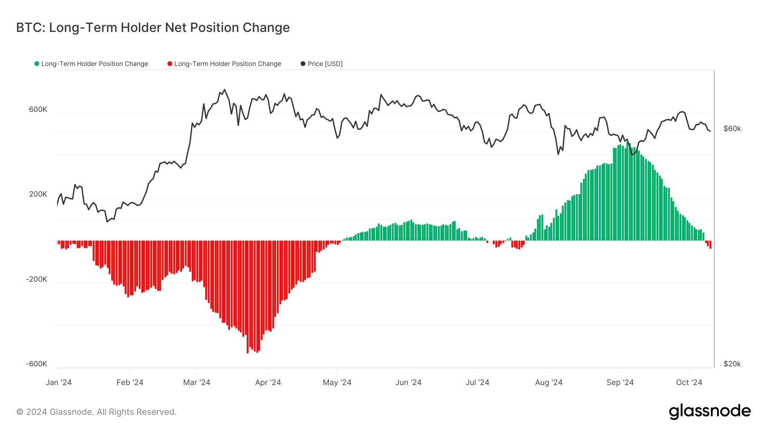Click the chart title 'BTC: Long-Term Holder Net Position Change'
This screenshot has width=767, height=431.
[153, 28]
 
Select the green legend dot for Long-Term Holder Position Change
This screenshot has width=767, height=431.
[37, 64]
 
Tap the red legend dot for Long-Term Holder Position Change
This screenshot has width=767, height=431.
[170, 64]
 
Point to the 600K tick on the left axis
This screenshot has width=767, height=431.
[38, 109]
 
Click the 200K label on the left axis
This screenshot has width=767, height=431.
[38, 194]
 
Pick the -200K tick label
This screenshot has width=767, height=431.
[37, 279]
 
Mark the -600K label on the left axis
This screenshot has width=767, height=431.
[37, 364]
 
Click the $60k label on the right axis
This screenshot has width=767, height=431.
[732, 128]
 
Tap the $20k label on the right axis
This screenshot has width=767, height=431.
[732, 364]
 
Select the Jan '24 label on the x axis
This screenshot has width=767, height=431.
[58, 382]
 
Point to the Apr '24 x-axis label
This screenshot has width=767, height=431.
[268, 382]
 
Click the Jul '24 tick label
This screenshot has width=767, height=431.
[477, 382]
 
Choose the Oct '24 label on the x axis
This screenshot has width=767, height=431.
[689, 382]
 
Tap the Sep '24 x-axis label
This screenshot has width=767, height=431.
[620, 382]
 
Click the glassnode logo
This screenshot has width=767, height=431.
[709, 411]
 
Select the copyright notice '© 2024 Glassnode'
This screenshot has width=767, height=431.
[96, 412]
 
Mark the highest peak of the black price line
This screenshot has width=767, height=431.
[225, 90]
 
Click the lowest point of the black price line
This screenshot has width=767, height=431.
[107, 222]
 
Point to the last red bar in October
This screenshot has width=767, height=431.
[710, 245]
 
